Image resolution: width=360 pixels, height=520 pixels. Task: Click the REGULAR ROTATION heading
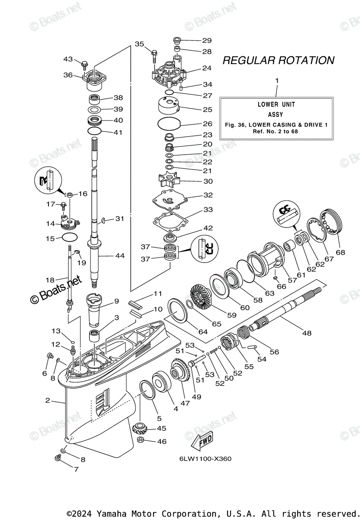[x=278, y=60]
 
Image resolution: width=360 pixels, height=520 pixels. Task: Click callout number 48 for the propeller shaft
[x=307, y=333]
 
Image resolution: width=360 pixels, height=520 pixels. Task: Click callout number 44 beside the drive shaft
[x=120, y=256]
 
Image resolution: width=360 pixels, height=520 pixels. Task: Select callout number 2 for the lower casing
[x=48, y=400]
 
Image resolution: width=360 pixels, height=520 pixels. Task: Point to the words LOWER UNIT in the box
[x=276, y=104]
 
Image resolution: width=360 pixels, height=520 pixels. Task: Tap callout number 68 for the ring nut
[x=341, y=252]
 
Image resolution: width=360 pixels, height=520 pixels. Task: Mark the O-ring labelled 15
[x=70, y=237]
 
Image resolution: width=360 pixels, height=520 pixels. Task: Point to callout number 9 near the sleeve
[x=116, y=301]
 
